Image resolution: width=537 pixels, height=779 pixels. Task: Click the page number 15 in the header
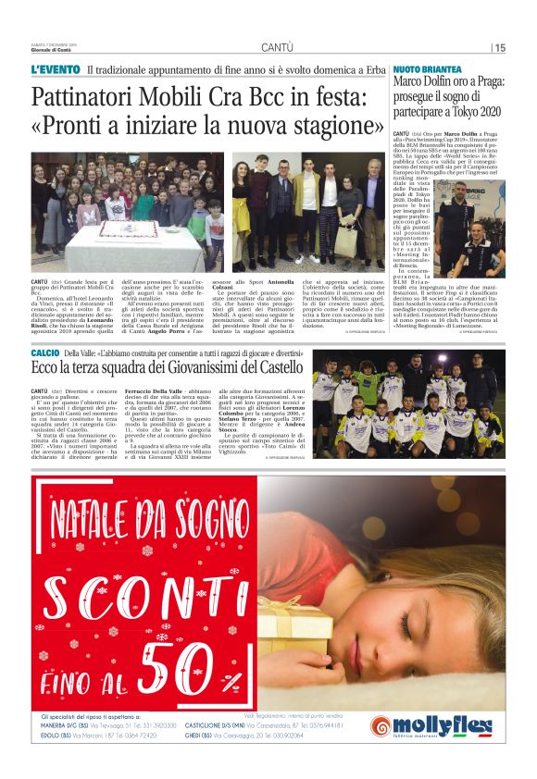[x=500, y=48]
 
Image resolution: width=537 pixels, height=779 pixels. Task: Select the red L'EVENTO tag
[x=56, y=70]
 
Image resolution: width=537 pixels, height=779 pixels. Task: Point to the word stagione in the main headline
[x=336, y=125]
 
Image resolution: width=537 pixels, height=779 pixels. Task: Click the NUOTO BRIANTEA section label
[x=427, y=70]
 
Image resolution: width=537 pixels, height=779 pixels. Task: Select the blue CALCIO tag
[x=45, y=354]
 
